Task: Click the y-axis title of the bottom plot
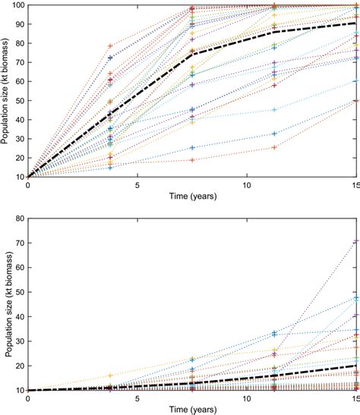7,303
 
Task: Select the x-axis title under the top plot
192,196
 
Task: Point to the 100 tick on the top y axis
17,6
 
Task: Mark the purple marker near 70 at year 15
356,241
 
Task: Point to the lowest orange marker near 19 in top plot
192,160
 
